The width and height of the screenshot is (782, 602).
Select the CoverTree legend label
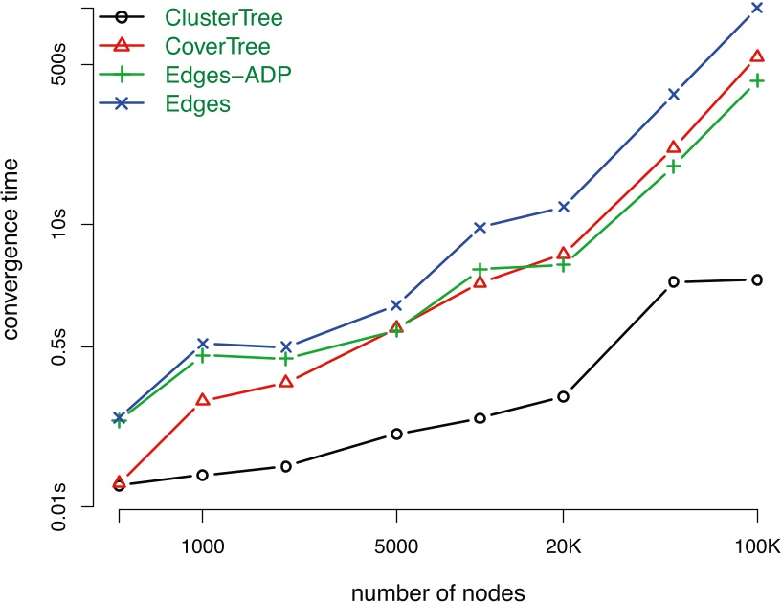pyautogui.click(x=216, y=45)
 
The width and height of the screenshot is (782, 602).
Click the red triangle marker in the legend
pyautogui.click(x=122, y=44)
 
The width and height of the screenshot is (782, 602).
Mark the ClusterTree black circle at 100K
pyautogui.click(x=757, y=279)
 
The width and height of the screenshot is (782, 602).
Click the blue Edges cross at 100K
pyautogui.click(x=757, y=8)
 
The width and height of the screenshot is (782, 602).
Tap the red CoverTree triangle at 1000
pyautogui.click(x=202, y=399)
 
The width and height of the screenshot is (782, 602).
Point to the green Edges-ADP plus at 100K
pyautogui.click(x=757, y=80)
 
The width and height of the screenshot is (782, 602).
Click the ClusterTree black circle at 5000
pyautogui.click(x=396, y=434)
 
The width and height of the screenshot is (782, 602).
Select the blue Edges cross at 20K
pyautogui.click(x=564, y=207)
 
